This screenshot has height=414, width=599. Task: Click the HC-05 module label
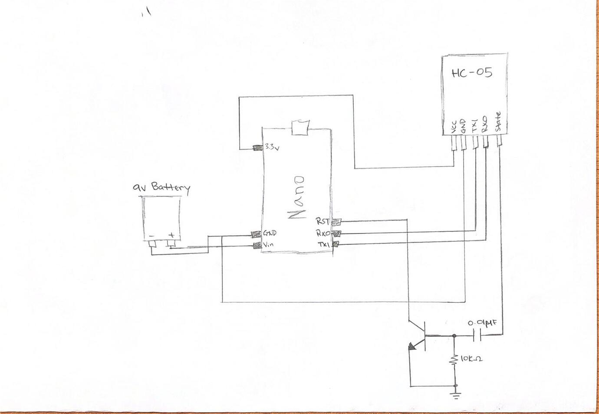pyautogui.click(x=472, y=72)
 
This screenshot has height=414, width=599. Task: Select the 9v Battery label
pyautogui.click(x=161, y=187)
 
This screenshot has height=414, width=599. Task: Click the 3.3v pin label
pyautogui.click(x=272, y=147)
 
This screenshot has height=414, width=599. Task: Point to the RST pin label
pyautogui.click(x=323, y=221)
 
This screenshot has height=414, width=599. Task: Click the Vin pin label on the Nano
pyautogui.click(x=268, y=245)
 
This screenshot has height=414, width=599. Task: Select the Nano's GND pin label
pyautogui.click(x=270, y=233)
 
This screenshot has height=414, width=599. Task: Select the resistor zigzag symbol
pyautogui.click(x=454, y=359)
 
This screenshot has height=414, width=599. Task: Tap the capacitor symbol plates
pyautogui.click(x=479, y=335)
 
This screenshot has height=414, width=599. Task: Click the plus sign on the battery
pyautogui.click(x=172, y=235)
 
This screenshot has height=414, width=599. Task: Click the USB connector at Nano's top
pyautogui.click(x=299, y=127)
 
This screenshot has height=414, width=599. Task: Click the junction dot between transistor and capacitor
pyautogui.click(x=454, y=335)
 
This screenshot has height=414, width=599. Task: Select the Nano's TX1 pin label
pyautogui.click(x=324, y=245)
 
